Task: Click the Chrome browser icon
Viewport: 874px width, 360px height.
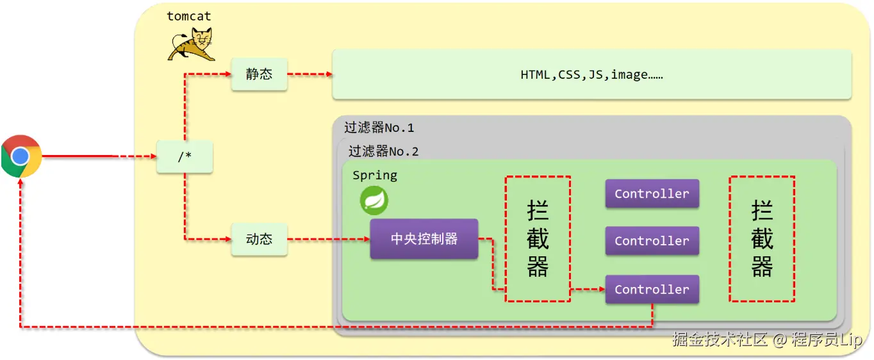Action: coord(21,156)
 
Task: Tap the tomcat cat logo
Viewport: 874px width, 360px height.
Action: coord(192,44)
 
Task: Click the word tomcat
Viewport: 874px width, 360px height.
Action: coord(189,17)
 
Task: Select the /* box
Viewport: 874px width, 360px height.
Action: coord(185,156)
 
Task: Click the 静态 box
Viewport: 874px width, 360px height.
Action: coord(259,74)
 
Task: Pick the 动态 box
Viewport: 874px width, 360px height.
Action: coord(259,239)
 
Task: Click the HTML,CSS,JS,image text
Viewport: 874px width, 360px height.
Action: coord(591,74)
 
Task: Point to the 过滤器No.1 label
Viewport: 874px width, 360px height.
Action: coord(379,127)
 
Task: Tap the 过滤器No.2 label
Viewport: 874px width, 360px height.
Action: coord(383,151)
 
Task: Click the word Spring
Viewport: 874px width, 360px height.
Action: coord(375,176)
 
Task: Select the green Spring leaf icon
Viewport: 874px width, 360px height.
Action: coord(374,200)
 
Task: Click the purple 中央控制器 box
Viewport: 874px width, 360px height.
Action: coord(424,239)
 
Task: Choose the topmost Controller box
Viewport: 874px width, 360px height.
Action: coord(652,193)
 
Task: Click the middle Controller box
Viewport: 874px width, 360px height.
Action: coord(652,241)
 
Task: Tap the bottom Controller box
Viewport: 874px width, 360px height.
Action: coord(652,290)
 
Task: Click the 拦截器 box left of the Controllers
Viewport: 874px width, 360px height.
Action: coord(538,239)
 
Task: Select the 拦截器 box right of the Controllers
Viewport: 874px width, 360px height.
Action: coord(762,239)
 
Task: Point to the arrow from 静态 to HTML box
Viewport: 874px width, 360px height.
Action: coord(309,74)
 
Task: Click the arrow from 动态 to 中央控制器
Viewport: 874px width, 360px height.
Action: coord(329,239)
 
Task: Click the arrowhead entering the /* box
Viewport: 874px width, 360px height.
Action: coord(153,156)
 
